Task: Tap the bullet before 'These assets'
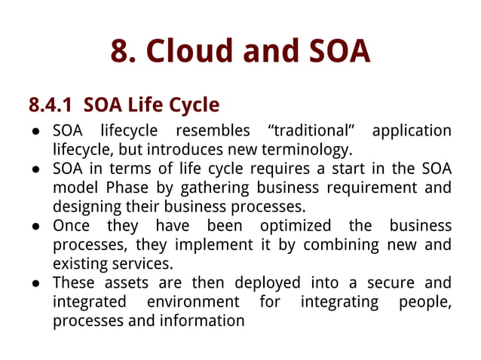click(x=36, y=284)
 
